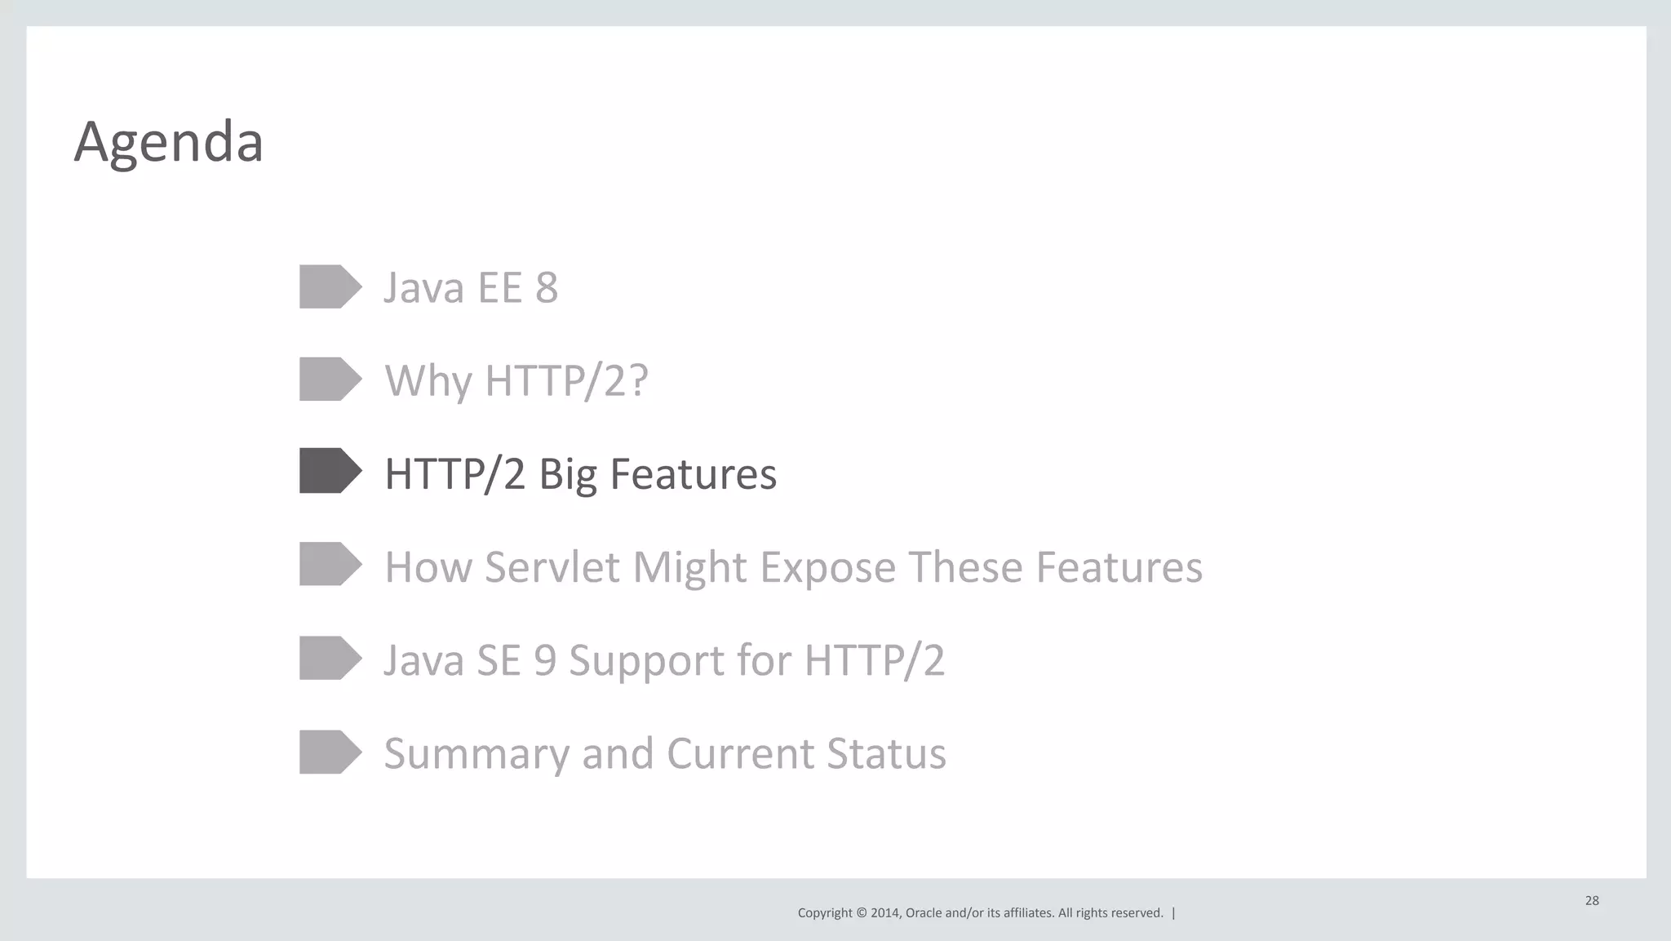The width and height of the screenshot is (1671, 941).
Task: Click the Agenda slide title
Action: (x=168, y=142)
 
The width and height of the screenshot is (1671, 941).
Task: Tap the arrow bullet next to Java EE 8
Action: (x=330, y=286)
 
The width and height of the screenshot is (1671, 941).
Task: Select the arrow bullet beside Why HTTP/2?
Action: (x=330, y=380)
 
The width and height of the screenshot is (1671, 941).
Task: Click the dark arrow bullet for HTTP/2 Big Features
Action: (x=330, y=471)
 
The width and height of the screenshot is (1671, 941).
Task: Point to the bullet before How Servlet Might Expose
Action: (x=330, y=564)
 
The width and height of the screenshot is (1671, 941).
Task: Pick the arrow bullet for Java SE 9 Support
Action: (x=330, y=658)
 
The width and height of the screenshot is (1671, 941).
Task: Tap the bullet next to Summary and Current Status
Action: (x=330, y=752)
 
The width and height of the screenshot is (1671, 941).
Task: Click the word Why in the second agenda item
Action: (x=428, y=381)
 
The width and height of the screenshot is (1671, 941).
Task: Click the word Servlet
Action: (x=552, y=567)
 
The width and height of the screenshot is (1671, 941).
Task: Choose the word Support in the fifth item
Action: (x=645, y=661)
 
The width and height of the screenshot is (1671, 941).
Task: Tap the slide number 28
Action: (x=1592, y=901)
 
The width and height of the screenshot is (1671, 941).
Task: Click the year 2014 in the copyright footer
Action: (x=884, y=913)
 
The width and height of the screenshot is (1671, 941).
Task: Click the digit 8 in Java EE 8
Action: (x=547, y=287)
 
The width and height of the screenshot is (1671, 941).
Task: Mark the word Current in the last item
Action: (x=739, y=753)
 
